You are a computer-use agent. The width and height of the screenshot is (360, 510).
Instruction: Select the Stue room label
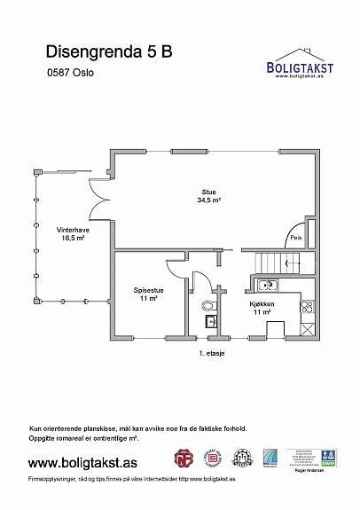209,192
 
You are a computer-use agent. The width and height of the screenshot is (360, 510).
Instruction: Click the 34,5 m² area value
209,200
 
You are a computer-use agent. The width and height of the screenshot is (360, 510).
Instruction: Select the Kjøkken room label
261,303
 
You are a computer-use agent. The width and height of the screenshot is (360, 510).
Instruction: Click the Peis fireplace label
296,238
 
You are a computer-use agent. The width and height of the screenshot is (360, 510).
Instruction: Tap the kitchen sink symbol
267,285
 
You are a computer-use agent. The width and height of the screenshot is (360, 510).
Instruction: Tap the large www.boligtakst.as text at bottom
82,463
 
